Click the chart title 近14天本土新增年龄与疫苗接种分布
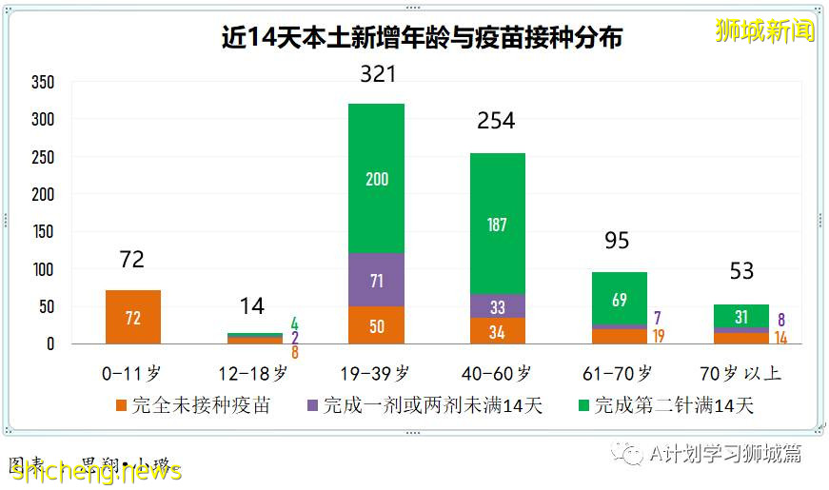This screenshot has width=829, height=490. click(x=422, y=38)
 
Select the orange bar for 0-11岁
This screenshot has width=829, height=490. click(x=133, y=317)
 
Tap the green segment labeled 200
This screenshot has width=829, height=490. click(x=377, y=179)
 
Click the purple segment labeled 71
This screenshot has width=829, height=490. click(x=377, y=280)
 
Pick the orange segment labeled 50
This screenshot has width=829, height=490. click(x=377, y=325)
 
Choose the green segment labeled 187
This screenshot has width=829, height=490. click(x=498, y=224)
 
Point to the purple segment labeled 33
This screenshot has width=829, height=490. click(x=498, y=306)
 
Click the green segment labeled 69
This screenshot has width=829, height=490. click(x=620, y=299)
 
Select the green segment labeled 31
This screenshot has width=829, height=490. click(x=741, y=317)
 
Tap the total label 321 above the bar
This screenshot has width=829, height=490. click(x=378, y=74)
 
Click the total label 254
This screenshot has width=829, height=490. click(x=496, y=121)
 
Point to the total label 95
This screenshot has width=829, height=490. click(x=617, y=241)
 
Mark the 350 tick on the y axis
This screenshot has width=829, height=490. click(x=43, y=83)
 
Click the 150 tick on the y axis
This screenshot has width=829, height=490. click(x=43, y=232)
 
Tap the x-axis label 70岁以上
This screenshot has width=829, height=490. click(x=740, y=373)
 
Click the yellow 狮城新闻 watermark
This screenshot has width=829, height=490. click(x=765, y=30)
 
